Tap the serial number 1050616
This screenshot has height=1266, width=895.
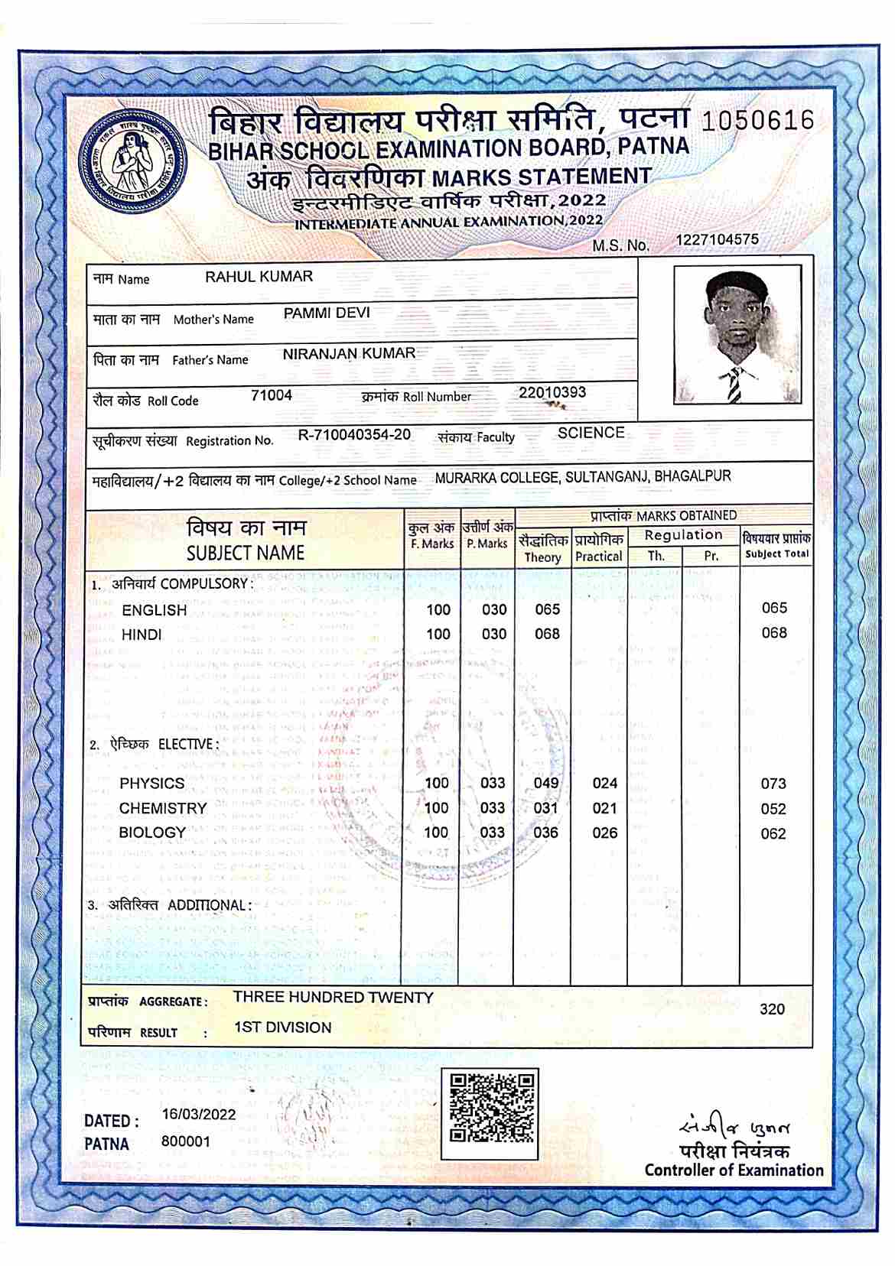[757, 121]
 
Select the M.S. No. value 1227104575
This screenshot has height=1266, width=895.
[717, 240]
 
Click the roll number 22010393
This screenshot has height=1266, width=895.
[552, 393]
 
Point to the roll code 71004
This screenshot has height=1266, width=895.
[272, 396]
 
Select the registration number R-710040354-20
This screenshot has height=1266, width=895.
[354, 435]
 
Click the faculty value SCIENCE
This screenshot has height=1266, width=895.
[591, 433]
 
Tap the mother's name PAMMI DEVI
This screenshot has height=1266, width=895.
[327, 313]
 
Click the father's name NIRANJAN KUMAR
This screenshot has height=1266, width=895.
[349, 354]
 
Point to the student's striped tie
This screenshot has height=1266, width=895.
[734, 385]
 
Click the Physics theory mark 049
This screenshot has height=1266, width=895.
[546, 784]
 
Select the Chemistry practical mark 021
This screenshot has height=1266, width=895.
[604, 809]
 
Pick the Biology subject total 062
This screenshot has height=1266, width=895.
[773, 834]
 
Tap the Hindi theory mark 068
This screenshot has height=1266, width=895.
[547, 635]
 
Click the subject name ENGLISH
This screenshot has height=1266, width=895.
[154, 611]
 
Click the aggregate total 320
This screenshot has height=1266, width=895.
[773, 1010]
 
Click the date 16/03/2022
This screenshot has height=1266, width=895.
[199, 1115]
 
